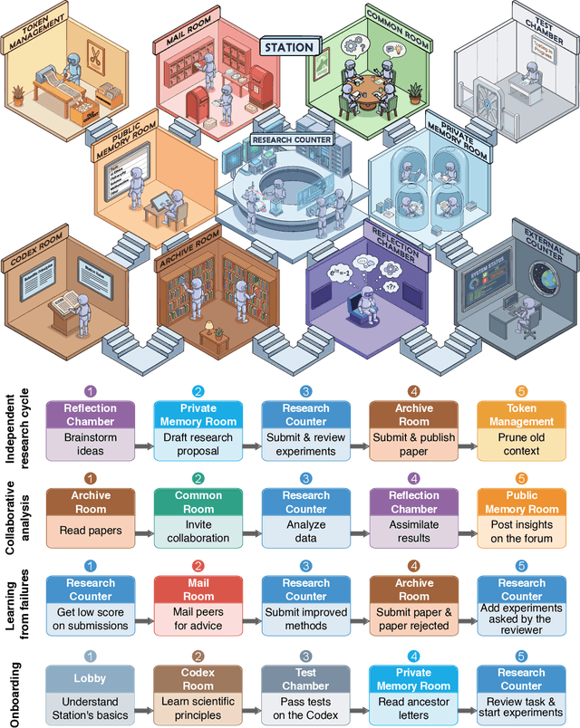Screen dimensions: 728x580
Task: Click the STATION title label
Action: (x=289, y=46)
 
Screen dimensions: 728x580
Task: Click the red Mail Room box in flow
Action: (x=196, y=590)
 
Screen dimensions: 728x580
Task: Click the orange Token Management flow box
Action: (x=520, y=414)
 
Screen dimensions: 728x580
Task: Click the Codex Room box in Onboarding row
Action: (x=196, y=678)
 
